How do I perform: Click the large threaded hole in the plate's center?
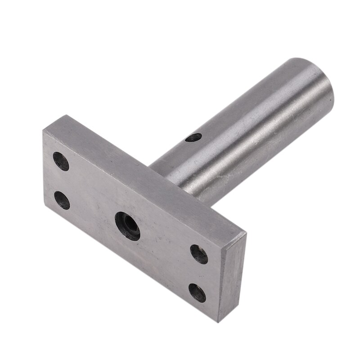127,226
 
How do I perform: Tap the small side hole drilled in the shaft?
194,137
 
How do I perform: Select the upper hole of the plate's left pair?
61,161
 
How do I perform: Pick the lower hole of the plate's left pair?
62,200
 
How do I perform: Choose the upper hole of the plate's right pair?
199,254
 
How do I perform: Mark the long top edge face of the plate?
148,171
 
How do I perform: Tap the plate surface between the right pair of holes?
198,274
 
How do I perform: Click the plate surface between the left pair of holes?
62,180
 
